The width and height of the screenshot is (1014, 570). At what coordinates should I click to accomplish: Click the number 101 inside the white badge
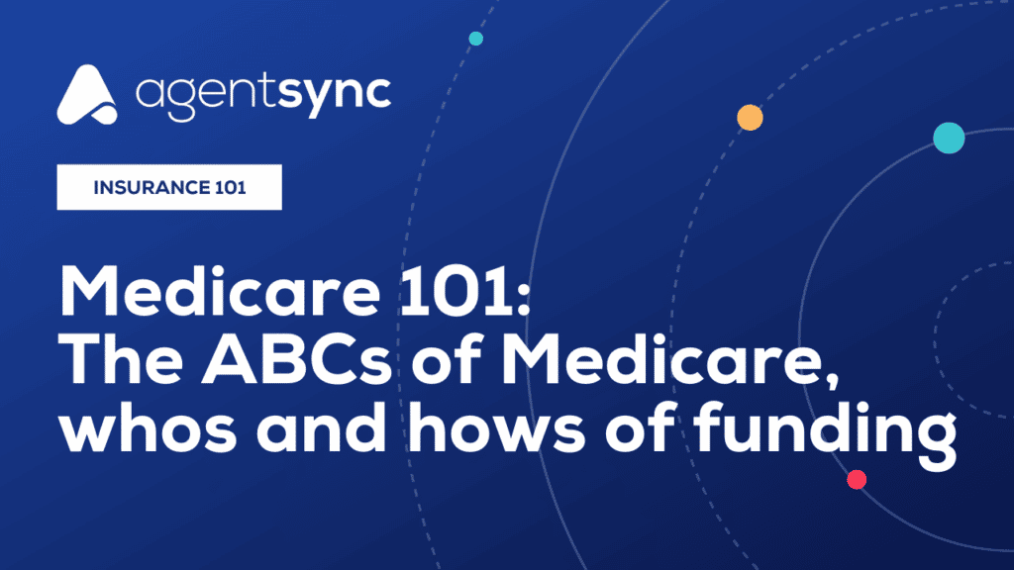(230, 187)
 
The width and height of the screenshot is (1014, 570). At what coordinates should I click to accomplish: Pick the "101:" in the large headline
(465, 292)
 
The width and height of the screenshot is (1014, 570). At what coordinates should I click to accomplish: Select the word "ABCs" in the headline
(297, 359)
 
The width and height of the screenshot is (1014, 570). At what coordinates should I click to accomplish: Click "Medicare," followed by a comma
(670, 362)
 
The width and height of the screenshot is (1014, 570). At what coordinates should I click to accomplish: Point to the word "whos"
(149, 427)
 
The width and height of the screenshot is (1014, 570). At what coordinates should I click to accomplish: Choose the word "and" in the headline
(322, 427)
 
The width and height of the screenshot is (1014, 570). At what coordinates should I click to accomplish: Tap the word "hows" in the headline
(497, 427)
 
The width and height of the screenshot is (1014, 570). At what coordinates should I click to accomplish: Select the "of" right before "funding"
(641, 427)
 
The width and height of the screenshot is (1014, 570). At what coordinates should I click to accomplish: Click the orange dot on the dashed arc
(751, 118)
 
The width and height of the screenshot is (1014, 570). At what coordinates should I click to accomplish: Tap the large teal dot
(949, 138)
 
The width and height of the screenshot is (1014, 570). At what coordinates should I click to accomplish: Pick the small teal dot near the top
(476, 39)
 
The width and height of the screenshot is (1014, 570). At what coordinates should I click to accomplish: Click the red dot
(857, 480)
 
